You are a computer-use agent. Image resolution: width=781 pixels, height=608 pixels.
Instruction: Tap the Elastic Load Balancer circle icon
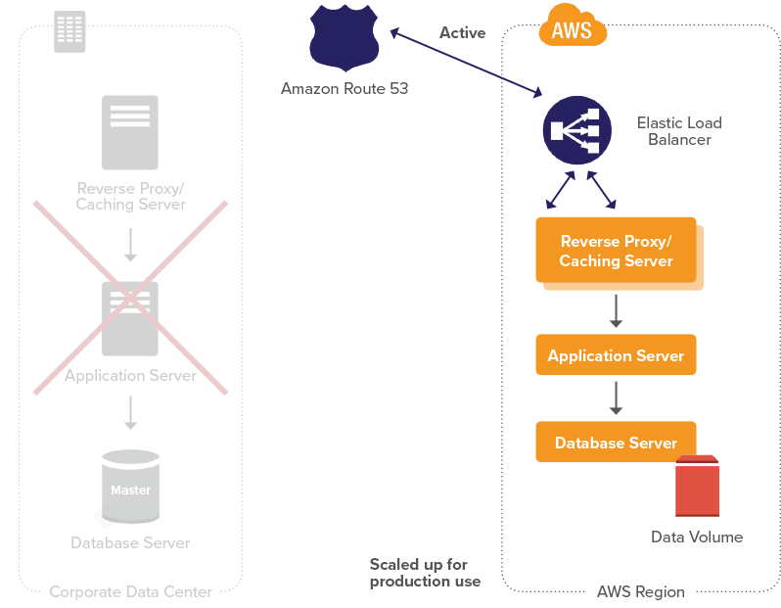(x=577, y=131)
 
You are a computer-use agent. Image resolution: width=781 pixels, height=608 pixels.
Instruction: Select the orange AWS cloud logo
(x=573, y=29)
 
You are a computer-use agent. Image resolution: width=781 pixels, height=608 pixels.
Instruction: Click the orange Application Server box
(x=616, y=355)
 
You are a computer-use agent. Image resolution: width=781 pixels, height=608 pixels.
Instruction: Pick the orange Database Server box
(x=616, y=443)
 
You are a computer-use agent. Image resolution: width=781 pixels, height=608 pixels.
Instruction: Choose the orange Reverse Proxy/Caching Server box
(x=616, y=251)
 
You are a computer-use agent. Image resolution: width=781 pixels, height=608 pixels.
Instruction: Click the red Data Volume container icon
(x=698, y=487)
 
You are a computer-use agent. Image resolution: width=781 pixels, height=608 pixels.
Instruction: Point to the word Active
(x=462, y=32)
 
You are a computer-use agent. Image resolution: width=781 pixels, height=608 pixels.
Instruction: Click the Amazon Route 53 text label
(x=345, y=88)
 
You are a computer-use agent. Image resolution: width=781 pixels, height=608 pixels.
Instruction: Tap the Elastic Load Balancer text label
(x=679, y=131)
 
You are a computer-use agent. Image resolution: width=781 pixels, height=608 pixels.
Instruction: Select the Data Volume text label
(x=697, y=537)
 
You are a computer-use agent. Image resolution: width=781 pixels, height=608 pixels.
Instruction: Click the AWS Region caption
(x=640, y=591)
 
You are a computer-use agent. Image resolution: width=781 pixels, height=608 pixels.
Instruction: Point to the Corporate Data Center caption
(x=130, y=591)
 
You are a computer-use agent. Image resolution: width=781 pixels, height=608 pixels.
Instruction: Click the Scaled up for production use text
(x=425, y=573)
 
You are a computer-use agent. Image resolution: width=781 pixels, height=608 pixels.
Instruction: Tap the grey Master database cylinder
(x=130, y=487)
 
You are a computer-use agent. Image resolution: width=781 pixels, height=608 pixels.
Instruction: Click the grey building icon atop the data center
(x=69, y=31)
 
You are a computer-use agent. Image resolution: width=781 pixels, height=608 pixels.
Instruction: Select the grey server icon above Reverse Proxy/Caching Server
(x=130, y=132)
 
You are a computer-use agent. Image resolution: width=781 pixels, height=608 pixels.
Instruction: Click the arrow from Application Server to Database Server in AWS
(x=616, y=398)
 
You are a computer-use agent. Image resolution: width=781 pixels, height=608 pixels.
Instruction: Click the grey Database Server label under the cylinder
(x=130, y=542)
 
